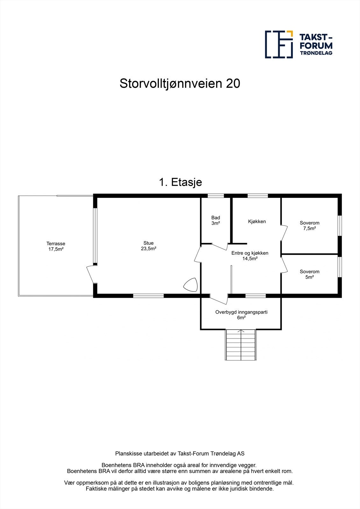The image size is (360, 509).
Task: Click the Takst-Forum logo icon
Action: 279,45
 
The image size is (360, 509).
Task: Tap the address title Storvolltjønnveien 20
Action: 180,84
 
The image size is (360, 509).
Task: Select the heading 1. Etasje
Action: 180,182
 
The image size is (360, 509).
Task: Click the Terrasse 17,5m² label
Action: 56,247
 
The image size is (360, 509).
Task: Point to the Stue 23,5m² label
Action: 148,246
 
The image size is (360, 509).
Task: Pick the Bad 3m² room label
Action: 215,220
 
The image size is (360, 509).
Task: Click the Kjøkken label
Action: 257,221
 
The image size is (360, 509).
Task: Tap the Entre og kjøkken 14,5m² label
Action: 250,256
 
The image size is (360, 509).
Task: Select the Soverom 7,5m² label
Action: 309,226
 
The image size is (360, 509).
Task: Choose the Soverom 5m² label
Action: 309,274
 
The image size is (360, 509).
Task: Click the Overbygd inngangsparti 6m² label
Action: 241,315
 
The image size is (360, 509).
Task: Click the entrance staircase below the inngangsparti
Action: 241,345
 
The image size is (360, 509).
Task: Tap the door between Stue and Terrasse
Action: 91,274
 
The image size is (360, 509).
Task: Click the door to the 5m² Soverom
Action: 284,265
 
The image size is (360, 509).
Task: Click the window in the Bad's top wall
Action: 215,196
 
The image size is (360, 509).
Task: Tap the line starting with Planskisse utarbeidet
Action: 180,454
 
